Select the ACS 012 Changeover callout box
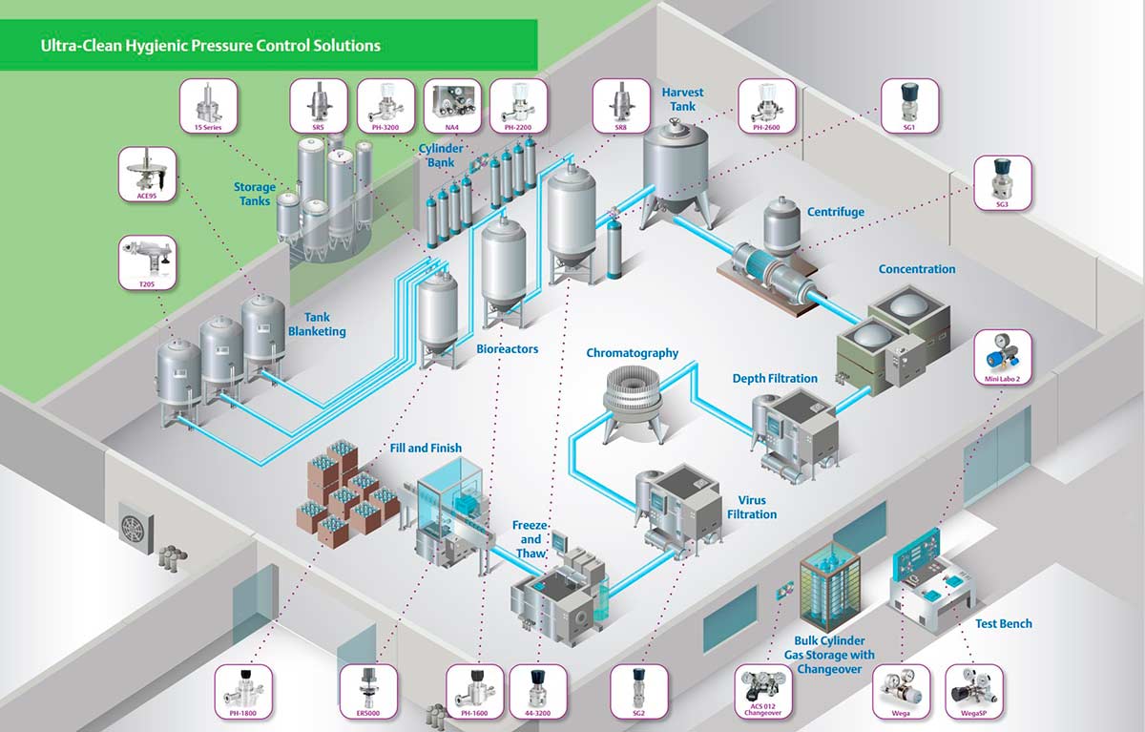coord(763,692)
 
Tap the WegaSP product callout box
coord(975,692)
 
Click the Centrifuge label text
coord(836,212)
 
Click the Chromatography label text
coord(632,353)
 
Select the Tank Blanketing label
coord(317,324)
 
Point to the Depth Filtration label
coord(775,379)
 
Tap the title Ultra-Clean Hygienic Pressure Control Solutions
coord(210,45)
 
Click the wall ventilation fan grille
coord(134,525)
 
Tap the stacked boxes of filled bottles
coord(348,491)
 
